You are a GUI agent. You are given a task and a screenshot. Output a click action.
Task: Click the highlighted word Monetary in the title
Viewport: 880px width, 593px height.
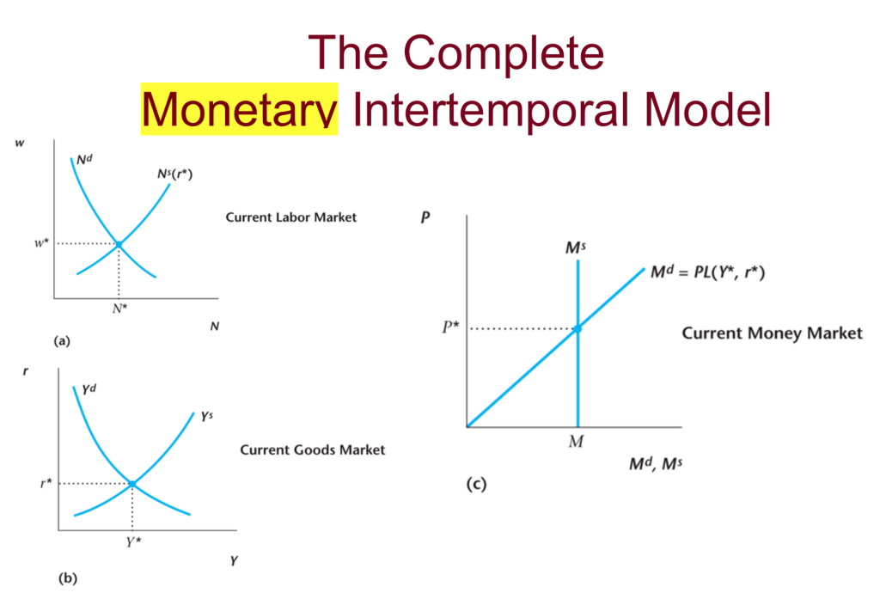[239, 112]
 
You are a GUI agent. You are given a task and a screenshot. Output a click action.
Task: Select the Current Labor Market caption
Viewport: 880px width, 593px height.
[290, 217]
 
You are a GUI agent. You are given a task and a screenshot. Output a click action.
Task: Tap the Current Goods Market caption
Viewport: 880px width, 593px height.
[312, 449]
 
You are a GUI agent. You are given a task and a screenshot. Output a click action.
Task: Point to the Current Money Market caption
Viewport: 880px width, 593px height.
[772, 333]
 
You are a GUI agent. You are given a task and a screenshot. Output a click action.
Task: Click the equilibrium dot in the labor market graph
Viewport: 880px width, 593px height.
[119, 245]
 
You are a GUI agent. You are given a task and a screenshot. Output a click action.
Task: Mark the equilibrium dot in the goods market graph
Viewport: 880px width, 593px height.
[131, 484]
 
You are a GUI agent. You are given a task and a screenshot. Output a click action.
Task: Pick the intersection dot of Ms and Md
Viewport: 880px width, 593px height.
[577, 328]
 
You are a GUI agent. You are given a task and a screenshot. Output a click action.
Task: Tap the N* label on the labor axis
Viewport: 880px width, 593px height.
[119, 308]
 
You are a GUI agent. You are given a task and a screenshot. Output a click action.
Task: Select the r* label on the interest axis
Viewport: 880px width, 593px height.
[46, 484]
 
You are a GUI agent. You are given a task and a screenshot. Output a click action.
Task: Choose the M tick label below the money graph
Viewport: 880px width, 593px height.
[577, 443]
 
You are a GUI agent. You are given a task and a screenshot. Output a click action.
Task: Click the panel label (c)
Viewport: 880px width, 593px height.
[476, 485]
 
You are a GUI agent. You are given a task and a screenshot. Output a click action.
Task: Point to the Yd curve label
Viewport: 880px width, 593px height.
[89, 389]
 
